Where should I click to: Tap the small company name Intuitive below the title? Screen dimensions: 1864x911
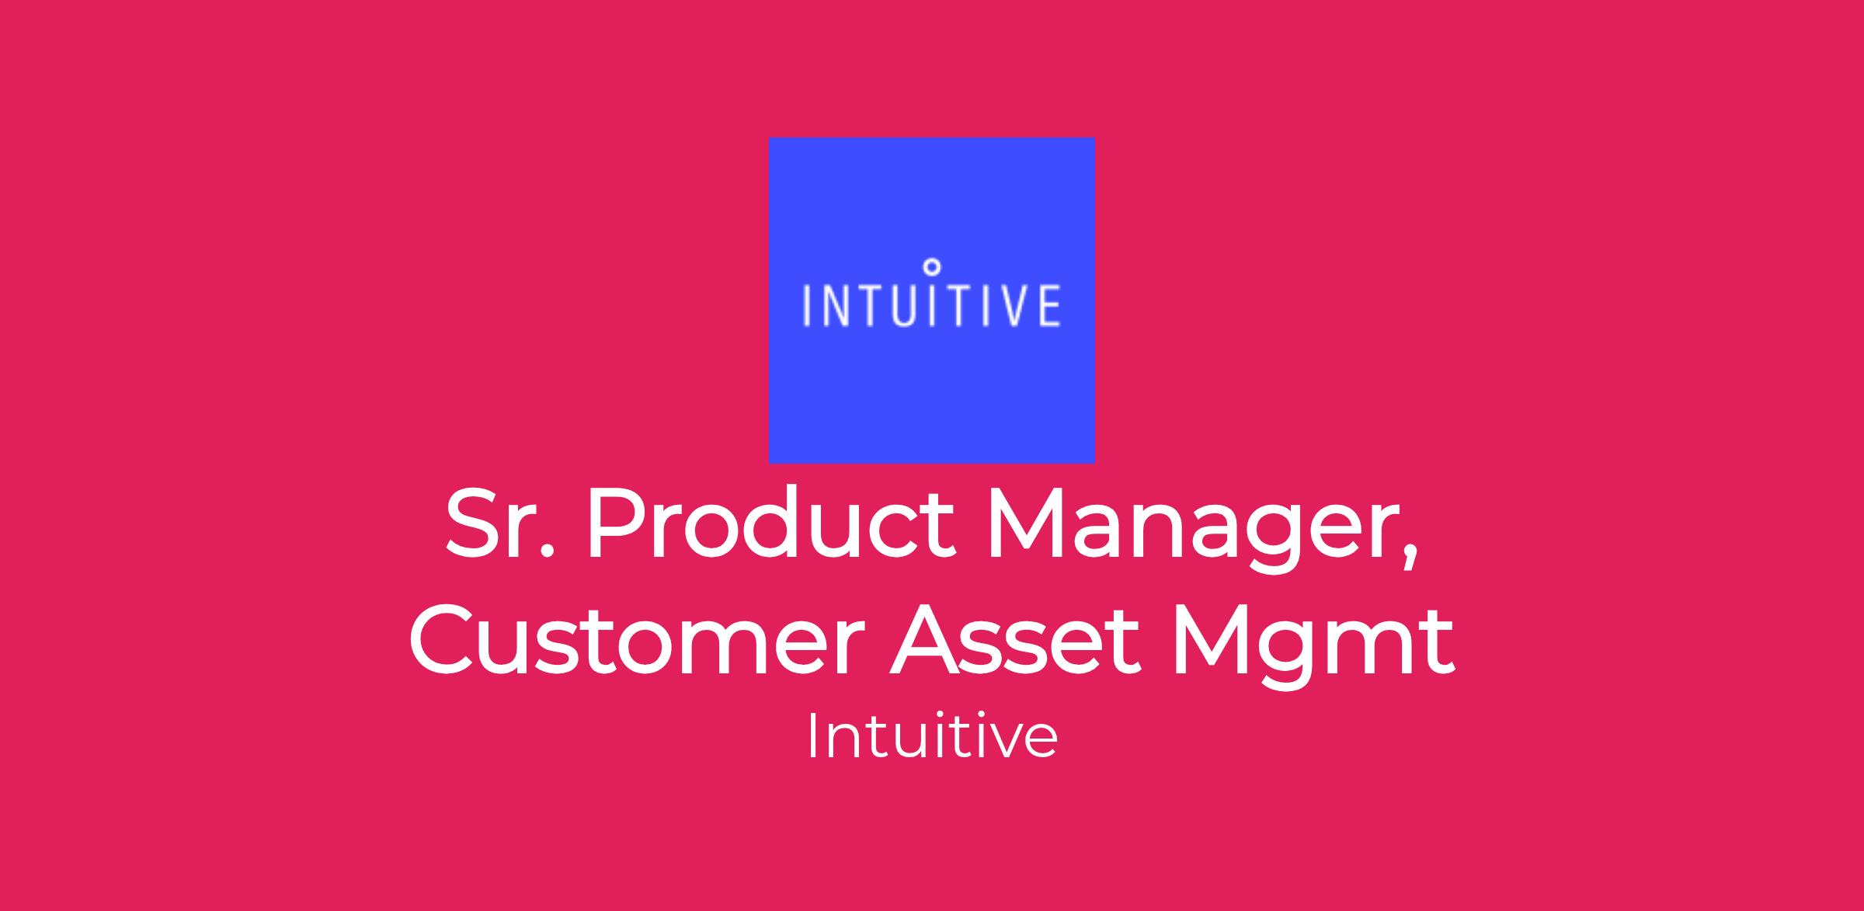click(931, 735)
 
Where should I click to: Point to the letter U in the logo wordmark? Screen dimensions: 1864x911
click(902, 306)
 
